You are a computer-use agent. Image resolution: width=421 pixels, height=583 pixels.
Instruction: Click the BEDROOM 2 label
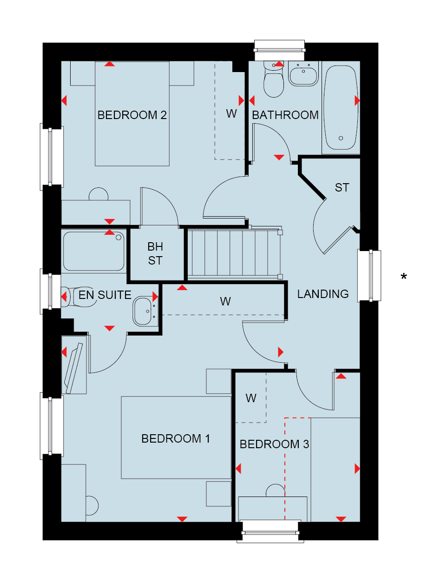[x=132, y=115]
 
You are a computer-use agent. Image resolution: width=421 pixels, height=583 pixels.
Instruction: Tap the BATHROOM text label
[x=285, y=115]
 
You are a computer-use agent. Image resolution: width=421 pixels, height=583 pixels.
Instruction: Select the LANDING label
[x=323, y=294]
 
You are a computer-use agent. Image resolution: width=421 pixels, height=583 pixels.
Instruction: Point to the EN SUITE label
[x=105, y=295]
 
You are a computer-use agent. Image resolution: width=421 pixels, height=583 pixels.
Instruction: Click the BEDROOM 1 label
[x=176, y=438]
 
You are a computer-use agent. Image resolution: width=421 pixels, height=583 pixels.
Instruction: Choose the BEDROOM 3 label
[x=274, y=444]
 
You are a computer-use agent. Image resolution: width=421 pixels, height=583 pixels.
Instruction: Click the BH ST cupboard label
[x=155, y=253]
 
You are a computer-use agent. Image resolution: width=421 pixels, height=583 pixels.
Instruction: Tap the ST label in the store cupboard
[x=342, y=188]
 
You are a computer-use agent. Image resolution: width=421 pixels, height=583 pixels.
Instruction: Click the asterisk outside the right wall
[x=403, y=276]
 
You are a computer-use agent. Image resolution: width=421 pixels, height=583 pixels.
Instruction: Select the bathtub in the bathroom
[x=341, y=107]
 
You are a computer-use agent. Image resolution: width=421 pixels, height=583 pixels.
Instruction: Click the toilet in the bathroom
[x=274, y=79]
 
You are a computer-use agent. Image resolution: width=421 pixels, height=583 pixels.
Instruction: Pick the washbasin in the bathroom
[x=303, y=74]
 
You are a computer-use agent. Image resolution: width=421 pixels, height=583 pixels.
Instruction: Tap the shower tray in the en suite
[x=94, y=251]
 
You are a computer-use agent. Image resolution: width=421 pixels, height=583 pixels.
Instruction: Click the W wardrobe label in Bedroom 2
[x=231, y=114]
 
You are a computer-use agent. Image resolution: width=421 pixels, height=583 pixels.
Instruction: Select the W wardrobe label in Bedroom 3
[x=251, y=398]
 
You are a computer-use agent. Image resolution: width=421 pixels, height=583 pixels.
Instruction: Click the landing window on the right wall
[x=369, y=276]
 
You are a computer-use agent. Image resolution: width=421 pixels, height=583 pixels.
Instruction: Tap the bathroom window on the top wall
[x=279, y=50]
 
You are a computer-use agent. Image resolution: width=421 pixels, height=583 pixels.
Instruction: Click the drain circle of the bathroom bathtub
[x=341, y=138]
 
